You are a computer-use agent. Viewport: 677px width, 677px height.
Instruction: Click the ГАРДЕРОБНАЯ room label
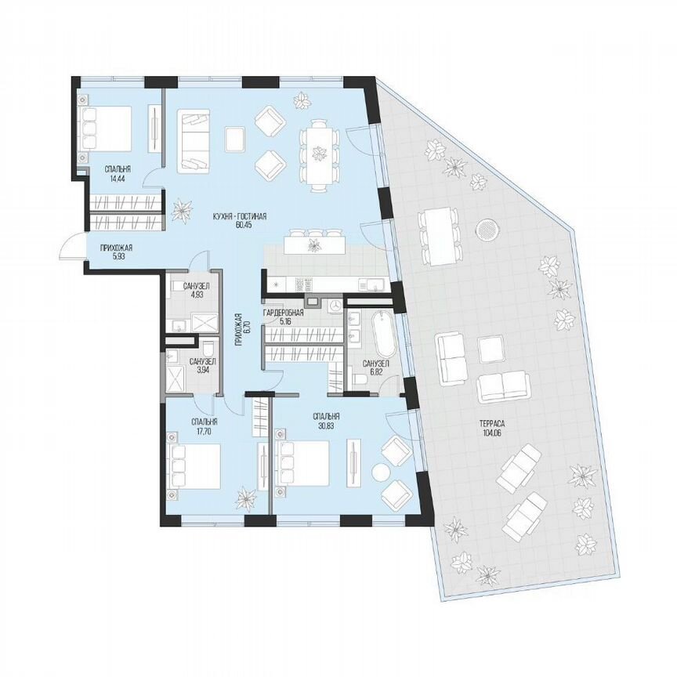tap(283, 312)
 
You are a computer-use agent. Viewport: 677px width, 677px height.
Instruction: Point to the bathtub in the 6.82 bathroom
tap(383, 334)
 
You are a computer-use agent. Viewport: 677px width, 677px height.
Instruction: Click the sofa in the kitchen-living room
tap(193, 141)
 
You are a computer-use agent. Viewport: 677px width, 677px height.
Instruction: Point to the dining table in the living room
tap(319, 154)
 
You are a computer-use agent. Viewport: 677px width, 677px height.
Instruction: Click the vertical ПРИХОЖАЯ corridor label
tap(241, 332)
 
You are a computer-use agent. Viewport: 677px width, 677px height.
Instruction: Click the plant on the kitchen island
tap(314, 245)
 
